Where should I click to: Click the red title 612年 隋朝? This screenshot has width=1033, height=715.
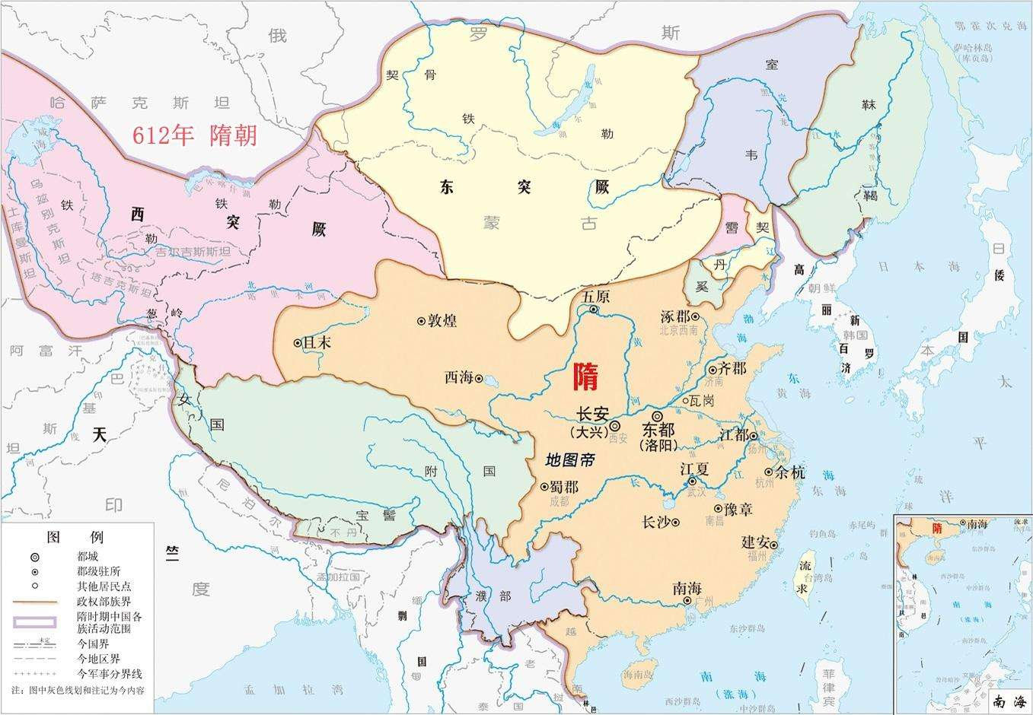click(195, 135)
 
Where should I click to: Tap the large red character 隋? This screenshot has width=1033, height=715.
click(585, 376)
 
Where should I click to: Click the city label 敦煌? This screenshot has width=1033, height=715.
click(442, 320)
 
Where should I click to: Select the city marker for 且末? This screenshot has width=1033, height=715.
click(297, 343)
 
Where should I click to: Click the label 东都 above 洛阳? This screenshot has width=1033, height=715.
click(658, 430)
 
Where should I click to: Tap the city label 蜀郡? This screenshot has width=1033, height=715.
click(564, 487)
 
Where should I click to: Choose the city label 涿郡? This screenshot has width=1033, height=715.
click(676, 316)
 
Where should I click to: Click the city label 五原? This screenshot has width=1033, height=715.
click(595, 297)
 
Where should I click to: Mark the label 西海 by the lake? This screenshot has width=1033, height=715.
click(459, 377)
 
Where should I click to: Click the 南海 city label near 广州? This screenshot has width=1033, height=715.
click(687, 588)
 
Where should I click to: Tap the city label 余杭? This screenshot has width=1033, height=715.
click(790, 472)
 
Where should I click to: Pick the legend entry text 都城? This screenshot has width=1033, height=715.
click(88, 557)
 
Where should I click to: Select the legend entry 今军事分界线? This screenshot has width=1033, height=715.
click(110, 674)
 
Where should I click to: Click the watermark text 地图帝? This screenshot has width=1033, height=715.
click(570, 459)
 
